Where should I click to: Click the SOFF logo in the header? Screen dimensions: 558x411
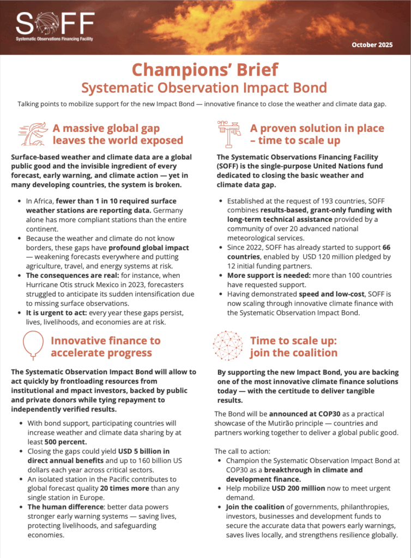point(55,25)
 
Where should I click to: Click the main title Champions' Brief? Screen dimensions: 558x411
point(205,70)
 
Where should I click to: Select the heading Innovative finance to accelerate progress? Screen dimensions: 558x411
point(106,347)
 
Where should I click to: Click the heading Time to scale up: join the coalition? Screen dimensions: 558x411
point(294,347)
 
